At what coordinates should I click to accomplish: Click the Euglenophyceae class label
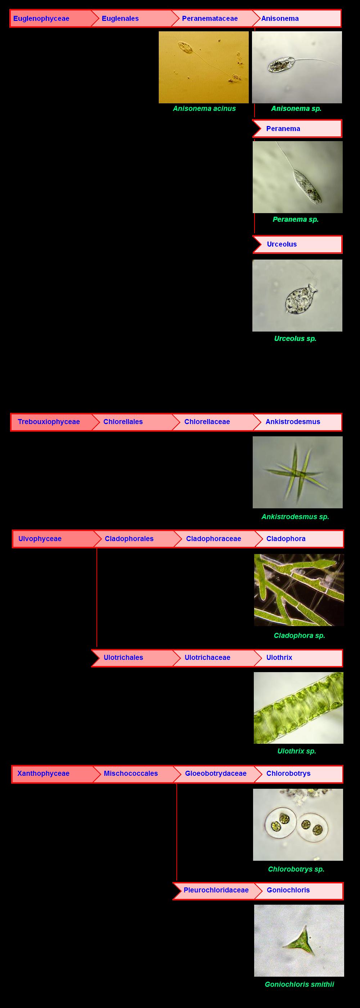(41, 18)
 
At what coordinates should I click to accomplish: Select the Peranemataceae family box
(210, 18)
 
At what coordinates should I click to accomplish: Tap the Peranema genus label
(283, 129)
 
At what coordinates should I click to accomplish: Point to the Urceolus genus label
(282, 244)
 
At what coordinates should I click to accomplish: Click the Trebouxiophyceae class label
(49, 422)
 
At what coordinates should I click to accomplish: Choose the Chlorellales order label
(123, 422)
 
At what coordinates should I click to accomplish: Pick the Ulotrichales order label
(123, 657)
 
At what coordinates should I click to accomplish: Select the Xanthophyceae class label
(43, 773)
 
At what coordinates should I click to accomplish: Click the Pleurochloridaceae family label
(216, 890)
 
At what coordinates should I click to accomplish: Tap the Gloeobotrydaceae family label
(216, 773)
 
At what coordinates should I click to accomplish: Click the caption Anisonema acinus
(204, 108)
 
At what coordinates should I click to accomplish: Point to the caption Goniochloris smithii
(300, 984)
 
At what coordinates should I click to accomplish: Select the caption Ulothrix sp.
(297, 751)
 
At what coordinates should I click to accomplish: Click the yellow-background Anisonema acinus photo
(203, 67)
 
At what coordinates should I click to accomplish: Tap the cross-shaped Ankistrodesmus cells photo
(297, 472)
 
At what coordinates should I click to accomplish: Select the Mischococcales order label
(131, 773)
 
